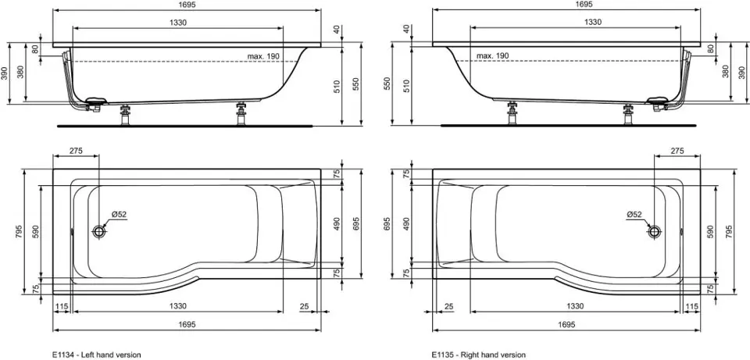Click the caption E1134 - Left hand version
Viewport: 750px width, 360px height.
[97, 355]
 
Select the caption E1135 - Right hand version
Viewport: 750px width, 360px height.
[479, 355]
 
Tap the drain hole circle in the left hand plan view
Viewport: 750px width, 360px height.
[99, 232]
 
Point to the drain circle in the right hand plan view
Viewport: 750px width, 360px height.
[654, 232]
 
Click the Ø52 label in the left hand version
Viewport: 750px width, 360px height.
[119, 215]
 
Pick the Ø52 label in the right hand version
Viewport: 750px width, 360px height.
[634, 215]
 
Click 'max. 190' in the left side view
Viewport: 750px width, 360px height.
[263, 56]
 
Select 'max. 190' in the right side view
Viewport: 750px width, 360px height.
[493, 56]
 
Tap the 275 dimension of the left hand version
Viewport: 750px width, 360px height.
[76, 151]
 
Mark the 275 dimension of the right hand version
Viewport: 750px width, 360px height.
[677, 151]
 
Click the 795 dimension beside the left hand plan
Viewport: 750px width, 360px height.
[18, 232]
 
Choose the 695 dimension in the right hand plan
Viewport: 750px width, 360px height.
[387, 223]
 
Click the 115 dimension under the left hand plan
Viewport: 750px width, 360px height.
[61, 306]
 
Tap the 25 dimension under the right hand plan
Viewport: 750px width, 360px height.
[448, 306]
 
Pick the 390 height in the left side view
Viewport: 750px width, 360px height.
[5, 73]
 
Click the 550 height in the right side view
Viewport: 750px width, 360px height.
[387, 84]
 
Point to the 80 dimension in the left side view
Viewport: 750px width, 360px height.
[35, 48]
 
